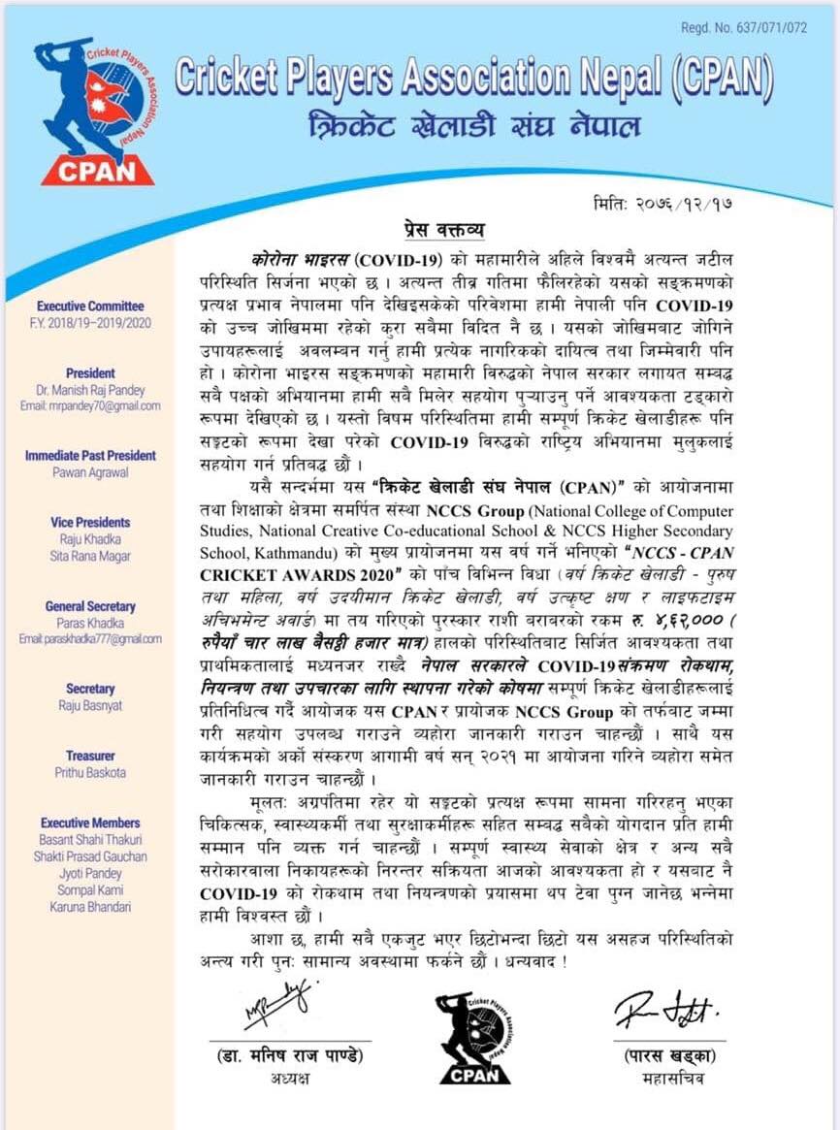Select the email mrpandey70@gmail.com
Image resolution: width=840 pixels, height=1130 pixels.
click(x=90, y=406)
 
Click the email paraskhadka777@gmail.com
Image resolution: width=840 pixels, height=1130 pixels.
click(x=90, y=639)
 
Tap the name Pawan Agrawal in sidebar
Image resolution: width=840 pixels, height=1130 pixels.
click(x=90, y=472)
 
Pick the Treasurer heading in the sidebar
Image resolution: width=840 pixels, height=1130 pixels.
click(x=90, y=756)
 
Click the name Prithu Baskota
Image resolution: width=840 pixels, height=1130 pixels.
click(x=90, y=773)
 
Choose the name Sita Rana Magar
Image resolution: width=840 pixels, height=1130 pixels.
click(x=90, y=556)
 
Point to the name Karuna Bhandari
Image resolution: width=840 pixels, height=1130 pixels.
click(x=90, y=907)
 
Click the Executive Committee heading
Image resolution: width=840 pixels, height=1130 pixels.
click(x=90, y=307)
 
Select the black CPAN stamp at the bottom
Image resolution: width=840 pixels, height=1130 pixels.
click(x=473, y=1036)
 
